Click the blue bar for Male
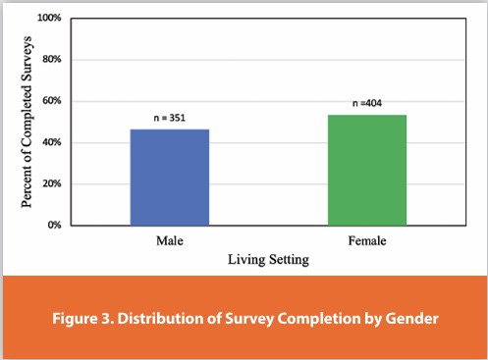point(169,178)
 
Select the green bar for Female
point(366,170)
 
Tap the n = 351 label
point(169,119)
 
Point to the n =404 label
point(367,104)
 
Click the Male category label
point(169,240)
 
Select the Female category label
point(366,240)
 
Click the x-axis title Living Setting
point(267,259)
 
